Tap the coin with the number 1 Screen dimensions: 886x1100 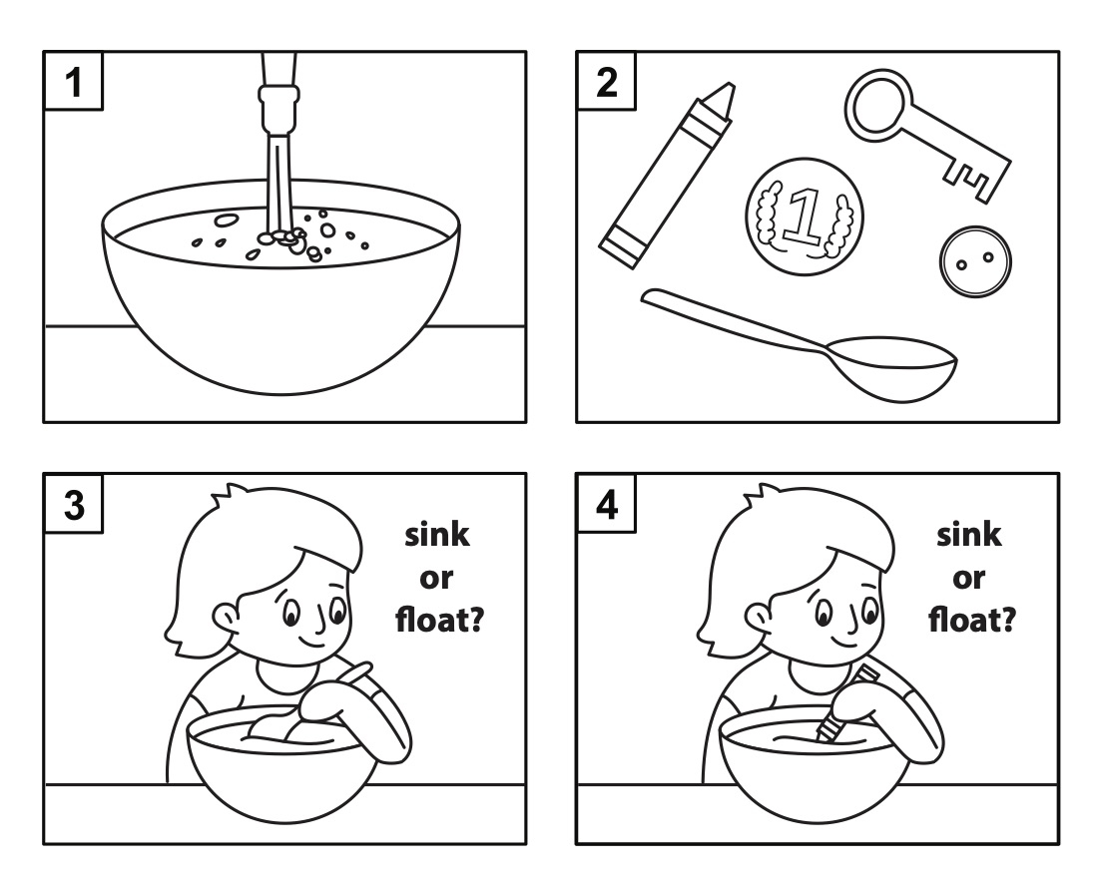pyautogui.click(x=805, y=216)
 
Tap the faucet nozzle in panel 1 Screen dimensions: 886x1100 pyautogui.click(x=277, y=100)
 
